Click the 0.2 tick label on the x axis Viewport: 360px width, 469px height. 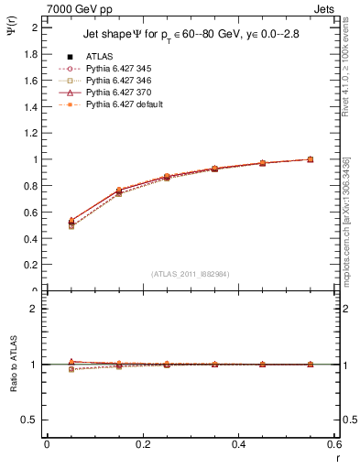click(143, 444)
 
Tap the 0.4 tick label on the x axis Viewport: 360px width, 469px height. click(238, 444)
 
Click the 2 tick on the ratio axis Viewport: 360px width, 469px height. click(38, 309)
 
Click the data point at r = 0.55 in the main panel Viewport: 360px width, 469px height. click(311, 159)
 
